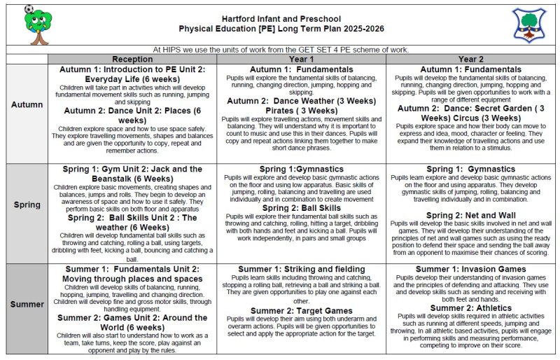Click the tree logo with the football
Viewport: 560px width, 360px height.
coord(38,24)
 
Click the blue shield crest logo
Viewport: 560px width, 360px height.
coord(528,24)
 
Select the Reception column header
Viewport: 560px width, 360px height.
coord(132,60)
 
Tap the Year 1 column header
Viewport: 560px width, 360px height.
coord(301,60)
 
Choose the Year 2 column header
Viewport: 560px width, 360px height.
coord(470,60)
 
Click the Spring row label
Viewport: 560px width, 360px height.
coord(27,205)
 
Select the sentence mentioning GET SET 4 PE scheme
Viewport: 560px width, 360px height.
coord(280,50)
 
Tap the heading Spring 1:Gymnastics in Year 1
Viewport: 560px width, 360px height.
coord(301,169)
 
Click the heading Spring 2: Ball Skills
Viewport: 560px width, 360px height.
coord(301,208)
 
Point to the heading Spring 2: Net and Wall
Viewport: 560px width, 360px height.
coord(470,215)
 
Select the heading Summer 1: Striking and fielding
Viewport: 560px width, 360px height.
coord(301,269)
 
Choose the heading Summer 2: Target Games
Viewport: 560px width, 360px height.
coord(301,310)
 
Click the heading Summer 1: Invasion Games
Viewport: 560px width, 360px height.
coord(470,269)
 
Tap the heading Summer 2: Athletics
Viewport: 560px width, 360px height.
coord(470,308)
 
